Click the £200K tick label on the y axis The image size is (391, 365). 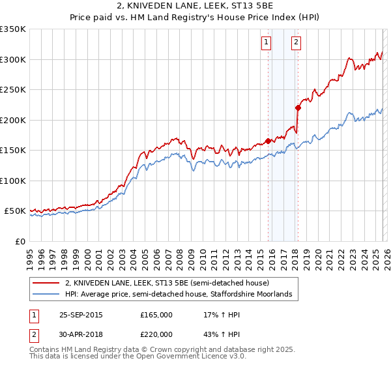click(13, 120)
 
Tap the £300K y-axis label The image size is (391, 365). click(13, 59)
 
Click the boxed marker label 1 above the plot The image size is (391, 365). click(267, 43)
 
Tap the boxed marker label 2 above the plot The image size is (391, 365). click(296, 43)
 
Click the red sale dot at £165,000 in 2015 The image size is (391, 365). click(268, 141)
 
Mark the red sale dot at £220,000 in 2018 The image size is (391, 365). click(298, 108)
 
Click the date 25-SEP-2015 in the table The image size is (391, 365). click(81, 314)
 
